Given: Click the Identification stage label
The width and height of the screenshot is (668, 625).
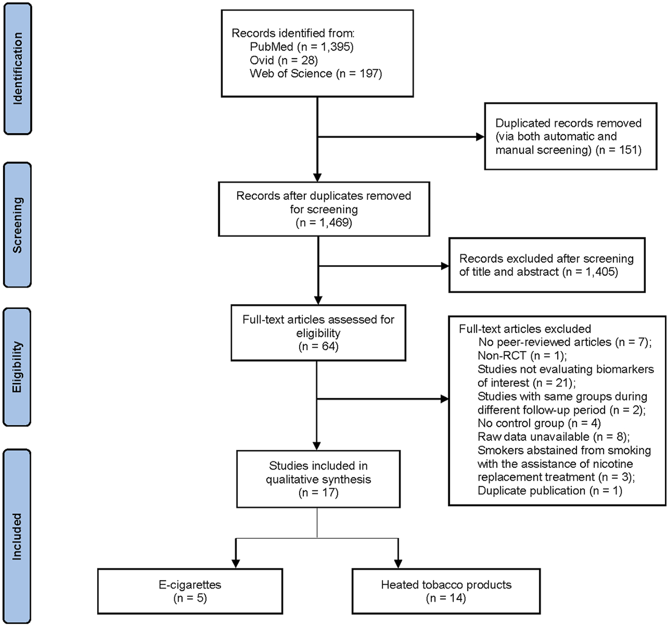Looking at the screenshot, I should pyautogui.click(x=17, y=68).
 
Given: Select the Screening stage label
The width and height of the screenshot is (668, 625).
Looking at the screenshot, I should pyautogui.click(x=17, y=225).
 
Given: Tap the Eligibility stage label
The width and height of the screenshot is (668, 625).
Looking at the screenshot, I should pyautogui.click(x=17, y=367).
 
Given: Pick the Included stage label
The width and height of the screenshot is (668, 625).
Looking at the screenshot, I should pyautogui.click(x=17, y=537).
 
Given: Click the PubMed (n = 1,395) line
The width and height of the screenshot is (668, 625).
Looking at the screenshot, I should pyautogui.click(x=301, y=47).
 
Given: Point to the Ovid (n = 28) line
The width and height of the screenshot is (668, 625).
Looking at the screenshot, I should pyautogui.click(x=283, y=60).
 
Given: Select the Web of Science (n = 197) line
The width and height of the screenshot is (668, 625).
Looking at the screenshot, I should pyautogui.click(x=316, y=74).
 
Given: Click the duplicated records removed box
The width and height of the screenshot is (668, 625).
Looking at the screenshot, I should pyautogui.click(x=570, y=136).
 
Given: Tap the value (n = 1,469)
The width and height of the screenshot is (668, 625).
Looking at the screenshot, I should pyautogui.click(x=324, y=223).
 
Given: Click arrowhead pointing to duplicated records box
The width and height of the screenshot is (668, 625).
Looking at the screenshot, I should pyautogui.click(x=480, y=137).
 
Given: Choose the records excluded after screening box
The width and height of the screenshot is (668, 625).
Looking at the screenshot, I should pyautogui.click(x=546, y=265).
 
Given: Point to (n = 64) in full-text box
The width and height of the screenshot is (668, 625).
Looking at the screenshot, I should pyautogui.click(x=318, y=346).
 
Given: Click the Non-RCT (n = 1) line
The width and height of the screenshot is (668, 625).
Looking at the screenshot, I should pyautogui.click(x=522, y=356).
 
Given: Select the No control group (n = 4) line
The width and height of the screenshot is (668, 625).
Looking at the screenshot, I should pyautogui.click(x=539, y=423).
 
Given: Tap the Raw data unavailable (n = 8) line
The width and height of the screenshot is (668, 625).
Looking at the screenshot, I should pyautogui.click(x=553, y=436).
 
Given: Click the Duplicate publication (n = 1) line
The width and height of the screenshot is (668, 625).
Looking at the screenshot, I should pyautogui.click(x=549, y=491).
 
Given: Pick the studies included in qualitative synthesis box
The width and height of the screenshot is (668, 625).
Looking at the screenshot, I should pyautogui.click(x=318, y=479).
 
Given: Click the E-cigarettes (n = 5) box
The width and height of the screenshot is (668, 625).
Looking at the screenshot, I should pyautogui.click(x=190, y=591).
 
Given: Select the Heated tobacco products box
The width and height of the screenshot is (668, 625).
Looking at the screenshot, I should pyautogui.click(x=446, y=591).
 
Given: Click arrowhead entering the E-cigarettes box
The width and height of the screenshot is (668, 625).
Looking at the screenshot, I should pyautogui.click(x=236, y=564).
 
